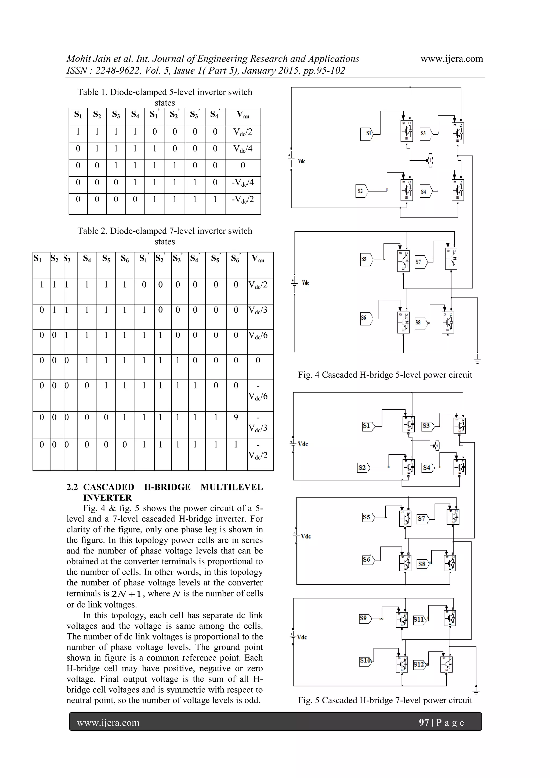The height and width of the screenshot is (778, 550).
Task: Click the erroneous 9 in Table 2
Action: tap(236, 417)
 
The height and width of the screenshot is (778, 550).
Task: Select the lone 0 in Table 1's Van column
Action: tap(243, 166)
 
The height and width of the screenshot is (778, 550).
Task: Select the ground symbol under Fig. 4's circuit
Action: tap(477, 360)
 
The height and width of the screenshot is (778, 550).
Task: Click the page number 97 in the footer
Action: tap(424, 722)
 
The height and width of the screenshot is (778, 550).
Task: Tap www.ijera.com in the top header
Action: tap(451, 59)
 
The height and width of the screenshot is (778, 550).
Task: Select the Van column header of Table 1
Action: tap(243, 115)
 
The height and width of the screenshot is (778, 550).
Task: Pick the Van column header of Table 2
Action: tap(258, 259)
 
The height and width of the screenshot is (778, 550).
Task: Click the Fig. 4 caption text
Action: tap(385, 375)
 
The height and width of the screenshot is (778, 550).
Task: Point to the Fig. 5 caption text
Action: tap(385, 700)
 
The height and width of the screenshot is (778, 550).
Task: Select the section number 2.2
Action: tap(72, 487)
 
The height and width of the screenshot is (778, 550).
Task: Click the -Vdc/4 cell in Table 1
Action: tap(243, 183)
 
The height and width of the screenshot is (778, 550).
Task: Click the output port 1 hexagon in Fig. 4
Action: tap(430, 160)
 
